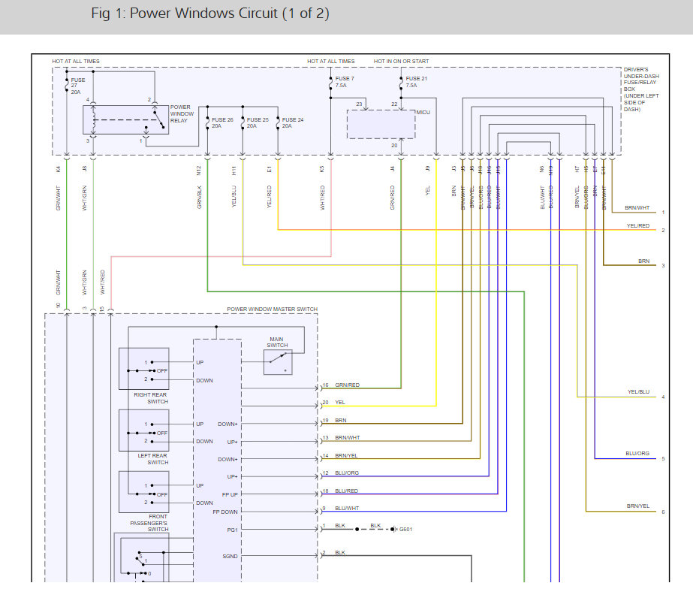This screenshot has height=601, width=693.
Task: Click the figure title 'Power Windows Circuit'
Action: click(x=209, y=14)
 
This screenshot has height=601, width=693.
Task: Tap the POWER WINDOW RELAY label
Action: click(x=182, y=113)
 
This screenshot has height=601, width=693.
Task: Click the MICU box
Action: click(x=381, y=124)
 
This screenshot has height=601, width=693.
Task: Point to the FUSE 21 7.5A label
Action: click(x=416, y=82)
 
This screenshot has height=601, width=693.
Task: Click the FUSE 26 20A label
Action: click(x=222, y=123)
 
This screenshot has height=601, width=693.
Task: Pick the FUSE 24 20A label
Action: click(x=293, y=123)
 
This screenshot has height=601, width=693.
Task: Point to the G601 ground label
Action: click(x=405, y=530)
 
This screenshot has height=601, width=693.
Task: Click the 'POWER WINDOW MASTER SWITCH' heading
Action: click(x=272, y=310)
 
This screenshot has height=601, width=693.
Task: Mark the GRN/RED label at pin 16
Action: click(x=347, y=385)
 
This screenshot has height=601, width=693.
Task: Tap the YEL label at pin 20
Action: click(x=340, y=403)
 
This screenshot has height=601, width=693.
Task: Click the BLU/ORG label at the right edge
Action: click(x=637, y=455)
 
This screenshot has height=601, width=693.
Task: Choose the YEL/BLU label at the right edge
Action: click(x=638, y=392)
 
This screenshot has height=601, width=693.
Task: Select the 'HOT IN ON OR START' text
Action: click(x=405, y=61)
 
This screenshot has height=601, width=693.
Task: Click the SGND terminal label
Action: click(x=230, y=556)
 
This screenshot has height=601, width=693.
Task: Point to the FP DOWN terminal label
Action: click(x=225, y=512)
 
